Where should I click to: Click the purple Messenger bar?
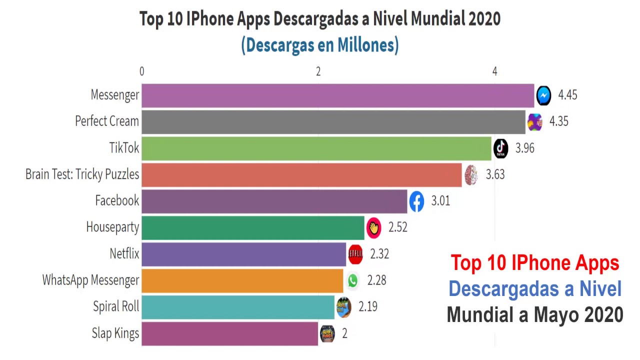pyautogui.click(x=337, y=95)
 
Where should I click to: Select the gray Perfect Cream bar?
pyautogui.click(x=333, y=122)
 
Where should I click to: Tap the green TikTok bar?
pyautogui.click(x=316, y=148)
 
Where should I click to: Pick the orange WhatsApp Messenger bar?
pyautogui.click(x=242, y=280)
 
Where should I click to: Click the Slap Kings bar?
pyautogui.click(x=229, y=333)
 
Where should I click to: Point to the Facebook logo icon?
pyautogui.click(x=416, y=201)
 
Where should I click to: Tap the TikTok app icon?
pyautogui.click(x=500, y=148)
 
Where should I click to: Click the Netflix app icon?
pyautogui.click(x=355, y=254)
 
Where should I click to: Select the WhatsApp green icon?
pyautogui.click(x=352, y=280)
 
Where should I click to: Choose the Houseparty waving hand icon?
pyautogui.click(x=373, y=227)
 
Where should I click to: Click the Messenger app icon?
pyautogui.click(x=543, y=95)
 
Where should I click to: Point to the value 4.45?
pyautogui.click(x=567, y=95)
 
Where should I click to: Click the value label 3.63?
pyautogui.click(x=495, y=174)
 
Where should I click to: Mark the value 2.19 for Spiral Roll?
pyautogui.click(x=368, y=306)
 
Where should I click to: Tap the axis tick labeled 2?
pyautogui.click(x=318, y=71)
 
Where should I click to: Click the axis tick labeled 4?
pyautogui.click(x=494, y=71)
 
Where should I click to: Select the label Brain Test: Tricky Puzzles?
pyautogui.click(x=82, y=174)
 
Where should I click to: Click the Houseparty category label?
pyautogui.click(x=112, y=227)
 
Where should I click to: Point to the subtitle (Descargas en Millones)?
pyautogui.click(x=320, y=45)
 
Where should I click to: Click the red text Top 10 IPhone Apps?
pyautogui.click(x=534, y=263)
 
